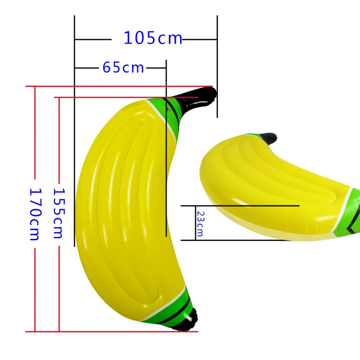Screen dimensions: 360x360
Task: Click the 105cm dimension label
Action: point(153,39)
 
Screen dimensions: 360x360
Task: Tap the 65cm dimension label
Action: point(123,67)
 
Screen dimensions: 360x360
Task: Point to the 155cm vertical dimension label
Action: point(59,212)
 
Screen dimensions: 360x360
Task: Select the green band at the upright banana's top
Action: point(165,112)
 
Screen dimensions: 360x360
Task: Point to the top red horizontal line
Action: point(121,86)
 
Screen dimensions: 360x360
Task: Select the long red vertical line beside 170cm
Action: point(35,135)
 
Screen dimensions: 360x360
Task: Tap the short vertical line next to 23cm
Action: point(195,223)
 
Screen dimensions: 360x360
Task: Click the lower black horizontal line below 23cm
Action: point(234,240)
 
